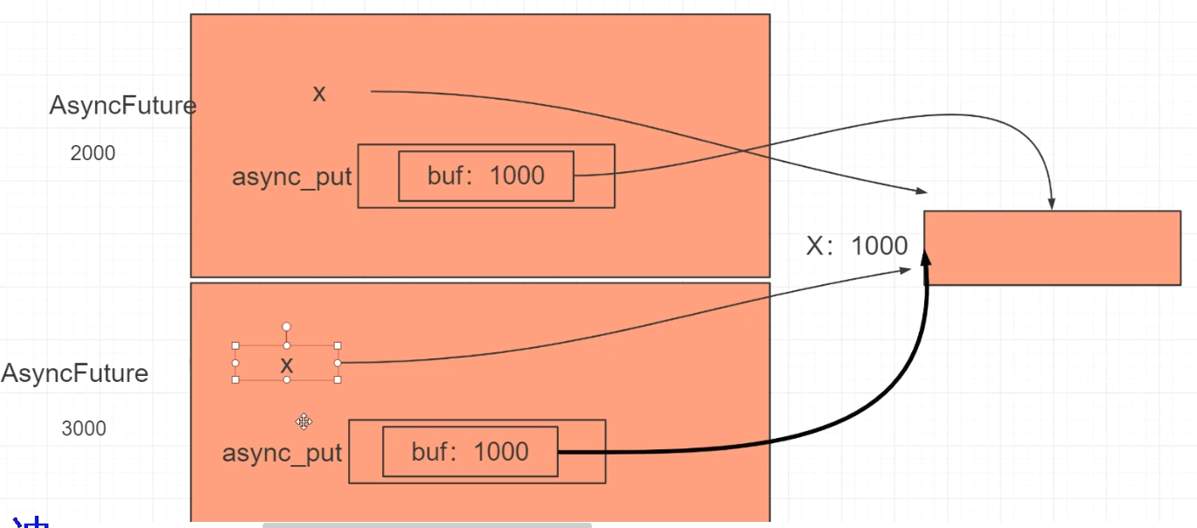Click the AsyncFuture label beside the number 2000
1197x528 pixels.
[122, 106]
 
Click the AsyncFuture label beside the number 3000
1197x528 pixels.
[75, 373]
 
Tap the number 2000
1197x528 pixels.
[93, 153]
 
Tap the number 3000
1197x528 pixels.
[84, 428]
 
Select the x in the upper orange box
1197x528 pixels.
[319, 94]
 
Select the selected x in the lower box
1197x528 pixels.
[286, 365]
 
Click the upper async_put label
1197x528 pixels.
[291, 177]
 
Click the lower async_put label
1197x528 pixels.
[282, 454]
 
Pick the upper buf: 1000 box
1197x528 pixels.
[486, 176]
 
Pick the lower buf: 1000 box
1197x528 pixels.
[470, 452]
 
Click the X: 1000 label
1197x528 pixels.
[857, 246]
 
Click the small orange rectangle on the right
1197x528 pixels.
[1052, 247]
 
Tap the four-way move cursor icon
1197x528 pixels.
[303, 422]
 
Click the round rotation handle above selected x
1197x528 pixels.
[286, 327]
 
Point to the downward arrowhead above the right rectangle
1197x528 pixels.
[1052, 203]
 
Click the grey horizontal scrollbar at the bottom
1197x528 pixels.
[427, 525]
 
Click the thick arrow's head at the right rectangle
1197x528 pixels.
[926, 258]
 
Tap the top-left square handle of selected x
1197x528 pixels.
[235, 345]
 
